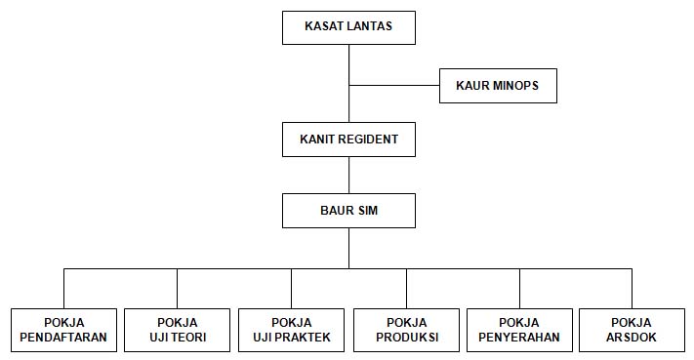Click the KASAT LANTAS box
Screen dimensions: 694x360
tap(348, 27)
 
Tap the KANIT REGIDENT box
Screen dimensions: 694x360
tap(348, 140)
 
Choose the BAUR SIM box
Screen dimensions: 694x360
tap(348, 211)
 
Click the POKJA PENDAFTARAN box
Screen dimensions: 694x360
tap(63, 330)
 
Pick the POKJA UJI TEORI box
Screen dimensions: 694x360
tap(177, 330)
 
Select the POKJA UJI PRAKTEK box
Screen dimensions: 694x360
tap(291, 330)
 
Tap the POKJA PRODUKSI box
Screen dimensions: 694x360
tap(405, 330)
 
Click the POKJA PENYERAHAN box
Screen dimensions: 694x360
tap(518, 330)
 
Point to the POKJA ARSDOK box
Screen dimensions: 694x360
tap(632, 330)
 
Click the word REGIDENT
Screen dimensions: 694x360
tap(366, 140)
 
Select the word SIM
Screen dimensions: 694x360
tap(365, 211)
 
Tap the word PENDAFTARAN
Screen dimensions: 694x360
tap(63, 338)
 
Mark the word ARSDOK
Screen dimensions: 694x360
tap(632, 338)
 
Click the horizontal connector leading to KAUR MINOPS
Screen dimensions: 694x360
tap(394, 86)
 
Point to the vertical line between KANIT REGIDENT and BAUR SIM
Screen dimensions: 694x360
tap(348, 175)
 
